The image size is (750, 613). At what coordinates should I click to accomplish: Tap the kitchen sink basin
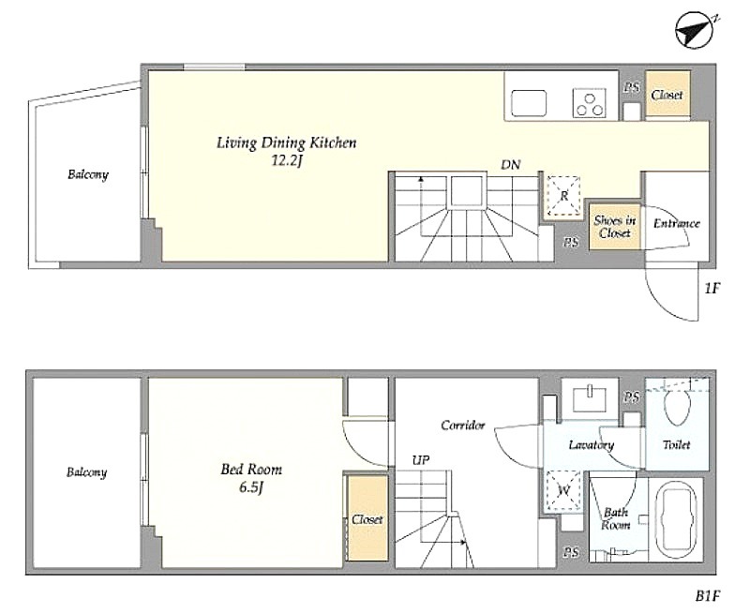tap(529, 103)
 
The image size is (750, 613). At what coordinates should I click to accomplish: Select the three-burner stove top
tap(590, 103)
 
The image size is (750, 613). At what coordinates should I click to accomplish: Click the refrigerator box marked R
tap(564, 196)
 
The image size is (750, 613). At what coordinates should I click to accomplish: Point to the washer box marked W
tap(563, 491)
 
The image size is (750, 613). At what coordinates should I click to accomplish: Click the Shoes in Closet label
tap(615, 227)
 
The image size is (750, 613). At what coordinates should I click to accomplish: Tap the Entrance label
tap(676, 223)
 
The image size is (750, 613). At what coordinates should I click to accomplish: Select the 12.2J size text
tap(287, 160)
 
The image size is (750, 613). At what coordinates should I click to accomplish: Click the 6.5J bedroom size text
tap(251, 487)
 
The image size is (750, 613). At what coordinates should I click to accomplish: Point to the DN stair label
tap(511, 165)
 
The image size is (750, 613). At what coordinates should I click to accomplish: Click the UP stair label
tap(421, 460)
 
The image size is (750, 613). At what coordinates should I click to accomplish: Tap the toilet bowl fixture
tap(677, 405)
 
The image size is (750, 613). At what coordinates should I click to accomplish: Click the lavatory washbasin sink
tap(591, 396)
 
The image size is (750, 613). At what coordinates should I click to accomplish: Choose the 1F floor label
tap(712, 289)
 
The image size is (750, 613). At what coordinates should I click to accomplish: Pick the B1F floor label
tap(708, 596)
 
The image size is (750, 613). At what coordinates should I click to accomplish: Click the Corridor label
tap(463, 426)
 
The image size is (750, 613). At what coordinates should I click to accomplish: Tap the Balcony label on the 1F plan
tap(88, 174)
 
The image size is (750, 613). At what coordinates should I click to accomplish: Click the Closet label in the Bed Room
tap(367, 519)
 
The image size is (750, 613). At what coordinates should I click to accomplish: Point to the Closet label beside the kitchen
tap(667, 96)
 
